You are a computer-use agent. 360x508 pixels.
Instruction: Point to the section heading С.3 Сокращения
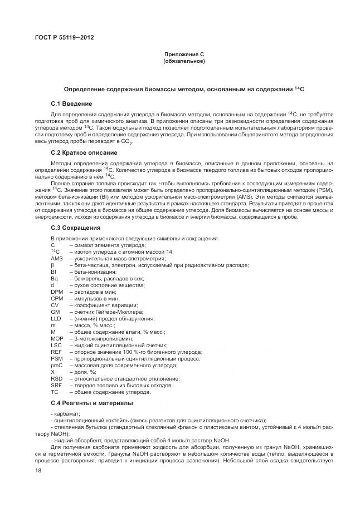pos(75,228)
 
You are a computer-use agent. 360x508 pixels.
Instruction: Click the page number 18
pos(37,471)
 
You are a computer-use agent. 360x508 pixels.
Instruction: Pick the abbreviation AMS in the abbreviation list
pos(56,259)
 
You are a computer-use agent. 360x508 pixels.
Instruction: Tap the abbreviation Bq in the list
pos(53,278)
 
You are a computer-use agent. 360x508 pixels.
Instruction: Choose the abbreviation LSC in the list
pos(56,345)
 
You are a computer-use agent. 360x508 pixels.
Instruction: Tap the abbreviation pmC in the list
pos(56,365)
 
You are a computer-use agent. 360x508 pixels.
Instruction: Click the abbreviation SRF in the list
pos(56,385)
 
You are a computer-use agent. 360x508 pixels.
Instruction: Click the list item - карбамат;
pos(65,413)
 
